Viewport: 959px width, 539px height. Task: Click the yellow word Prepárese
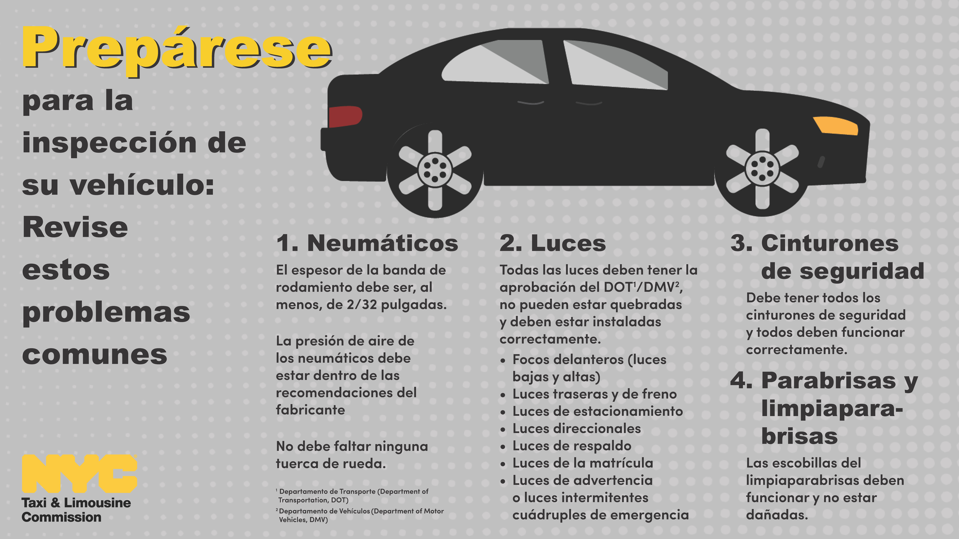pos(177,50)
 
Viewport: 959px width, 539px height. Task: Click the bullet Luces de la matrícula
pos(583,463)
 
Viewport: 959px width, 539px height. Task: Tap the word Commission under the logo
pos(61,517)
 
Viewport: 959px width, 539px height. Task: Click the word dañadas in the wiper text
pos(777,515)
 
